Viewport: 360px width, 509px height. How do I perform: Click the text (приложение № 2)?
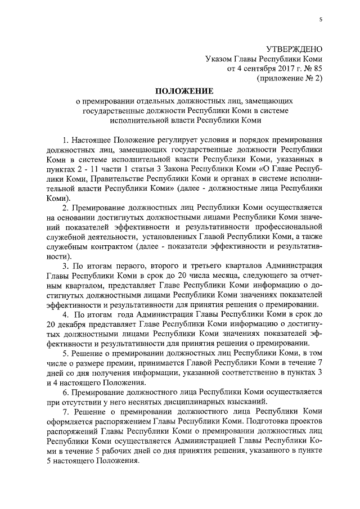290,79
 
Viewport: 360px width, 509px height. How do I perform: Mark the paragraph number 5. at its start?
66,354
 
